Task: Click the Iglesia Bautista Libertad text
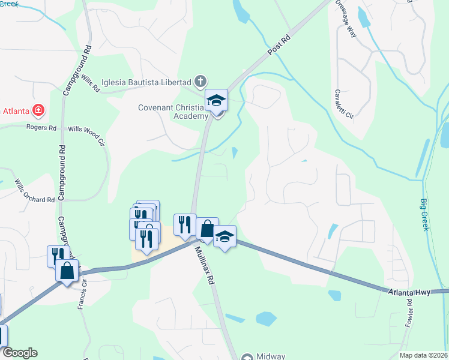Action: (146, 82)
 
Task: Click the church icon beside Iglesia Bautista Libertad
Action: (200, 81)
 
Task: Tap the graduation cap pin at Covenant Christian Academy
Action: (217, 100)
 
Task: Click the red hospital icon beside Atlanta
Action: (38, 110)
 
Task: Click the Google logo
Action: (19, 353)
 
